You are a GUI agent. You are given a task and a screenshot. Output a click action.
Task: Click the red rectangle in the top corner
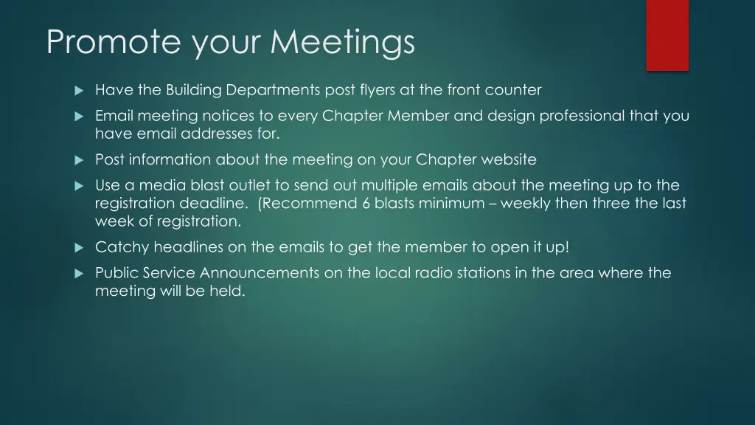click(x=667, y=35)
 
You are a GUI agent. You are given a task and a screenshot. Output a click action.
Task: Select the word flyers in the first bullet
click(x=375, y=90)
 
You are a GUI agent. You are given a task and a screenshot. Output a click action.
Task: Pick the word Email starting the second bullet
click(x=114, y=116)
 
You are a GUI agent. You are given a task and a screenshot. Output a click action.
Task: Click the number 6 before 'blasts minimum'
click(x=366, y=203)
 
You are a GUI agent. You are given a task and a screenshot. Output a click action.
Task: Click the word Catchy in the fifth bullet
click(x=122, y=247)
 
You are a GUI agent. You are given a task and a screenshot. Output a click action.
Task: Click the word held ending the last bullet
click(x=229, y=291)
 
